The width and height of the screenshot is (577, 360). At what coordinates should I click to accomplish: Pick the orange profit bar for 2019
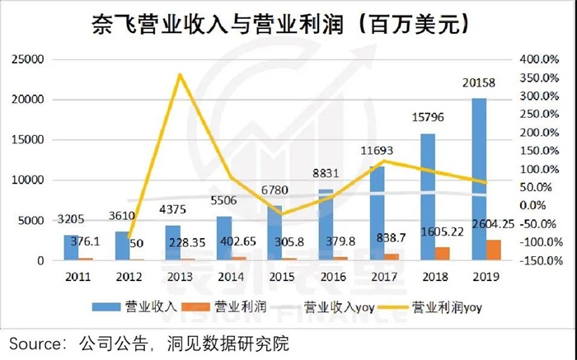[x=493, y=250]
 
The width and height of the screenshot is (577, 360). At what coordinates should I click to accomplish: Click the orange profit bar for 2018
[x=443, y=254]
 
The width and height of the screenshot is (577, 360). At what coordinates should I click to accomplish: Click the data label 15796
[x=429, y=120]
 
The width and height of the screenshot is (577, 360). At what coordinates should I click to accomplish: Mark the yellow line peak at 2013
[x=178, y=75]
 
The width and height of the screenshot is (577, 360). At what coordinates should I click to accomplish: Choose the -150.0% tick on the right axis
[x=543, y=260]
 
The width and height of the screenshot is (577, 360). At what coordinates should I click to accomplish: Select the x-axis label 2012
[x=125, y=277]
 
